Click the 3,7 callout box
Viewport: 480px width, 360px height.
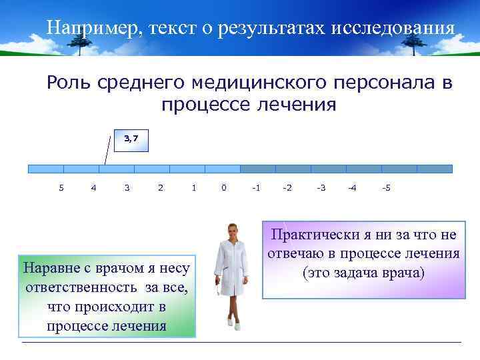pyautogui.click(x=130, y=141)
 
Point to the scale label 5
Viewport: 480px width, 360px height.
pyautogui.click(x=61, y=188)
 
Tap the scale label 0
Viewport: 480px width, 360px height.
pyautogui.click(x=223, y=188)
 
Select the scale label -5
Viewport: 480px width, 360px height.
pyautogui.click(x=386, y=188)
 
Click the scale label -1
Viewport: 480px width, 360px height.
pyautogui.click(x=255, y=188)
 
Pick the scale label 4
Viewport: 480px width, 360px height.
pyautogui.click(x=93, y=188)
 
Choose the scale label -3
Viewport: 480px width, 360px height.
pyautogui.click(x=321, y=188)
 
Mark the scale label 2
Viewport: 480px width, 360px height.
pyautogui.click(x=160, y=188)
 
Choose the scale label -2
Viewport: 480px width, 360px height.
pyautogui.click(x=287, y=188)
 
